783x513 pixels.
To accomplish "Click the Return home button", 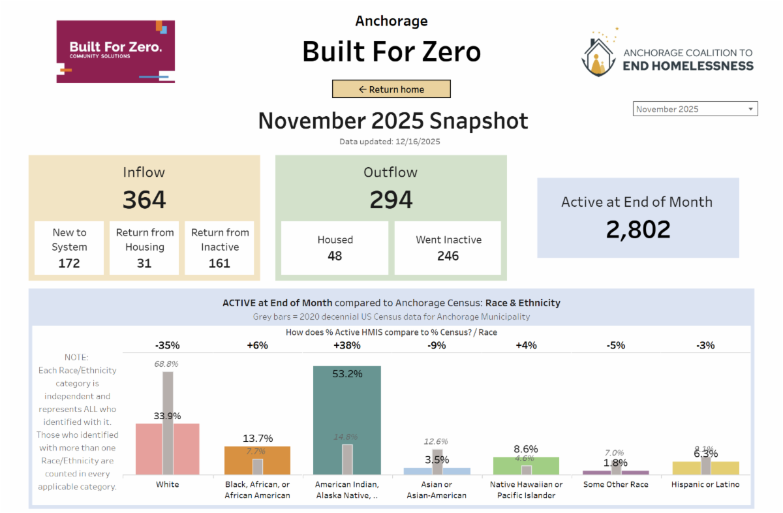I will tap(391, 89).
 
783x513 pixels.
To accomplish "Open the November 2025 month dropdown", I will tap(695, 109).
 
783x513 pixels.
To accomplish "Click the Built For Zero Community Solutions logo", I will tap(116, 51).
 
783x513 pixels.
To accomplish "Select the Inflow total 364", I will tap(144, 200).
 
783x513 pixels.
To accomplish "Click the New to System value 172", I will tap(69, 263).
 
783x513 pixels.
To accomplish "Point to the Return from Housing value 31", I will tap(144, 263).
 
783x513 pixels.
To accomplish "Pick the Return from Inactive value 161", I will tap(219, 263).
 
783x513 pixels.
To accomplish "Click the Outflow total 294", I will tap(391, 200).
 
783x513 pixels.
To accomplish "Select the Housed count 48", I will tap(335, 256).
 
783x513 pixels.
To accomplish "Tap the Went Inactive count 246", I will tap(448, 256).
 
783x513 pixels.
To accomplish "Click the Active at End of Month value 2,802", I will tap(637, 230).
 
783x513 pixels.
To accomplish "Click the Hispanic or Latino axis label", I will tap(705, 485).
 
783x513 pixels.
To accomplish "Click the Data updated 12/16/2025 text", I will tap(392, 142).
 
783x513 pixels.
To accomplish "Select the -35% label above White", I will tap(167, 345).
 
